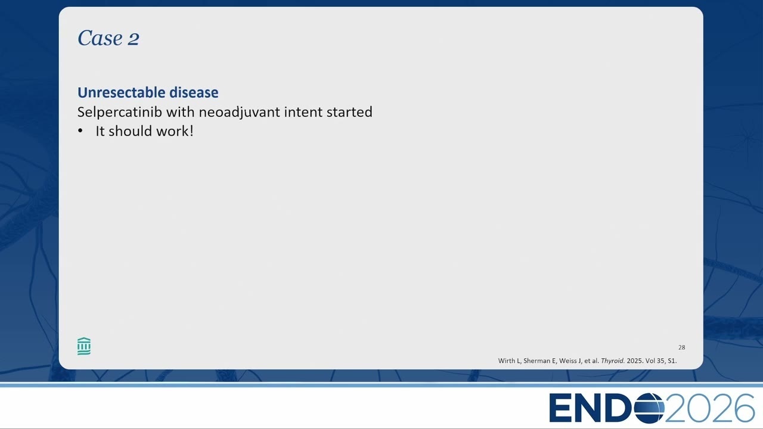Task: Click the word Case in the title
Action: click(x=100, y=38)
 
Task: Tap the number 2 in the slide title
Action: click(x=134, y=39)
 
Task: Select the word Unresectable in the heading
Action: click(x=121, y=92)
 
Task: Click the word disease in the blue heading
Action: click(x=194, y=92)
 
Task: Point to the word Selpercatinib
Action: click(x=120, y=113)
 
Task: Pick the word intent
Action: click(x=303, y=112)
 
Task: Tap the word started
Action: click(x=349, y=112)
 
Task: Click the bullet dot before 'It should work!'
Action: click(x=80, y=131)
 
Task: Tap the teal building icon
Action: click(x=84, y=346)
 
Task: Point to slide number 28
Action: click(x=681, y=347)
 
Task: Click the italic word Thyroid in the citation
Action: click(x=613, y=360)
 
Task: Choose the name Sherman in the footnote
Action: click(x=536, y=360)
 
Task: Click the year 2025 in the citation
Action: click(x=634, y=360)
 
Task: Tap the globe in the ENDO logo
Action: click(x=649, y=408)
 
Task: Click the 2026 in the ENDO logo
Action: click(x=709, y=408)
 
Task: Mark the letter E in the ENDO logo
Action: click(x=562, y=408)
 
